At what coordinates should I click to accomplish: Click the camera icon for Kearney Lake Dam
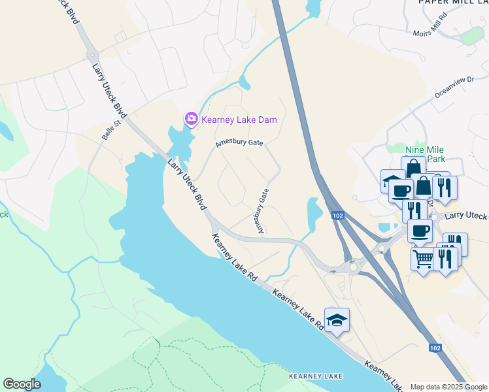[191, 119]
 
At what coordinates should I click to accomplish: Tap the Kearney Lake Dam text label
[239, 120]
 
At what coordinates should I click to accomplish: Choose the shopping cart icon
[423, 259]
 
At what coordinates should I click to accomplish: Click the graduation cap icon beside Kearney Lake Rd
[337, 320]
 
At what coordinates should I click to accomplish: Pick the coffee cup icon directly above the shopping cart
[420, 231]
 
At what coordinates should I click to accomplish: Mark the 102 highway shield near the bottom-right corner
[435, 348]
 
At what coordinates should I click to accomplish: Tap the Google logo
[22, 384]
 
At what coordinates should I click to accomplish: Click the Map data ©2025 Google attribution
[448, 387]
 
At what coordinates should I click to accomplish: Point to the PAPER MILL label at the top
[451, 3]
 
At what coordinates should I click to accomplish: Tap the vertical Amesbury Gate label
[262, 211]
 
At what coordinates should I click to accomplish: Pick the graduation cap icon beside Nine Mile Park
[393, 182]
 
